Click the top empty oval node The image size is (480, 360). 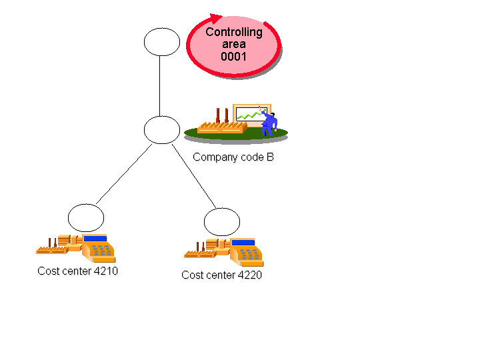162,41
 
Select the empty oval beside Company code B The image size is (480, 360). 162,129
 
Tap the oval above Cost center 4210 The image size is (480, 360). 86,218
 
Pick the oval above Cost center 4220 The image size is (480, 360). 221,221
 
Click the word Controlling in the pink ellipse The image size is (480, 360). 233,32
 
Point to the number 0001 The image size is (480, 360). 233,57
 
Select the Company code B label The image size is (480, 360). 233,157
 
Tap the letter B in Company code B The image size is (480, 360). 270,157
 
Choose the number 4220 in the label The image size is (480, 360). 249,275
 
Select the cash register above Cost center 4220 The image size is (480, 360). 246,252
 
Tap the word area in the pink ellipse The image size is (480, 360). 233,45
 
